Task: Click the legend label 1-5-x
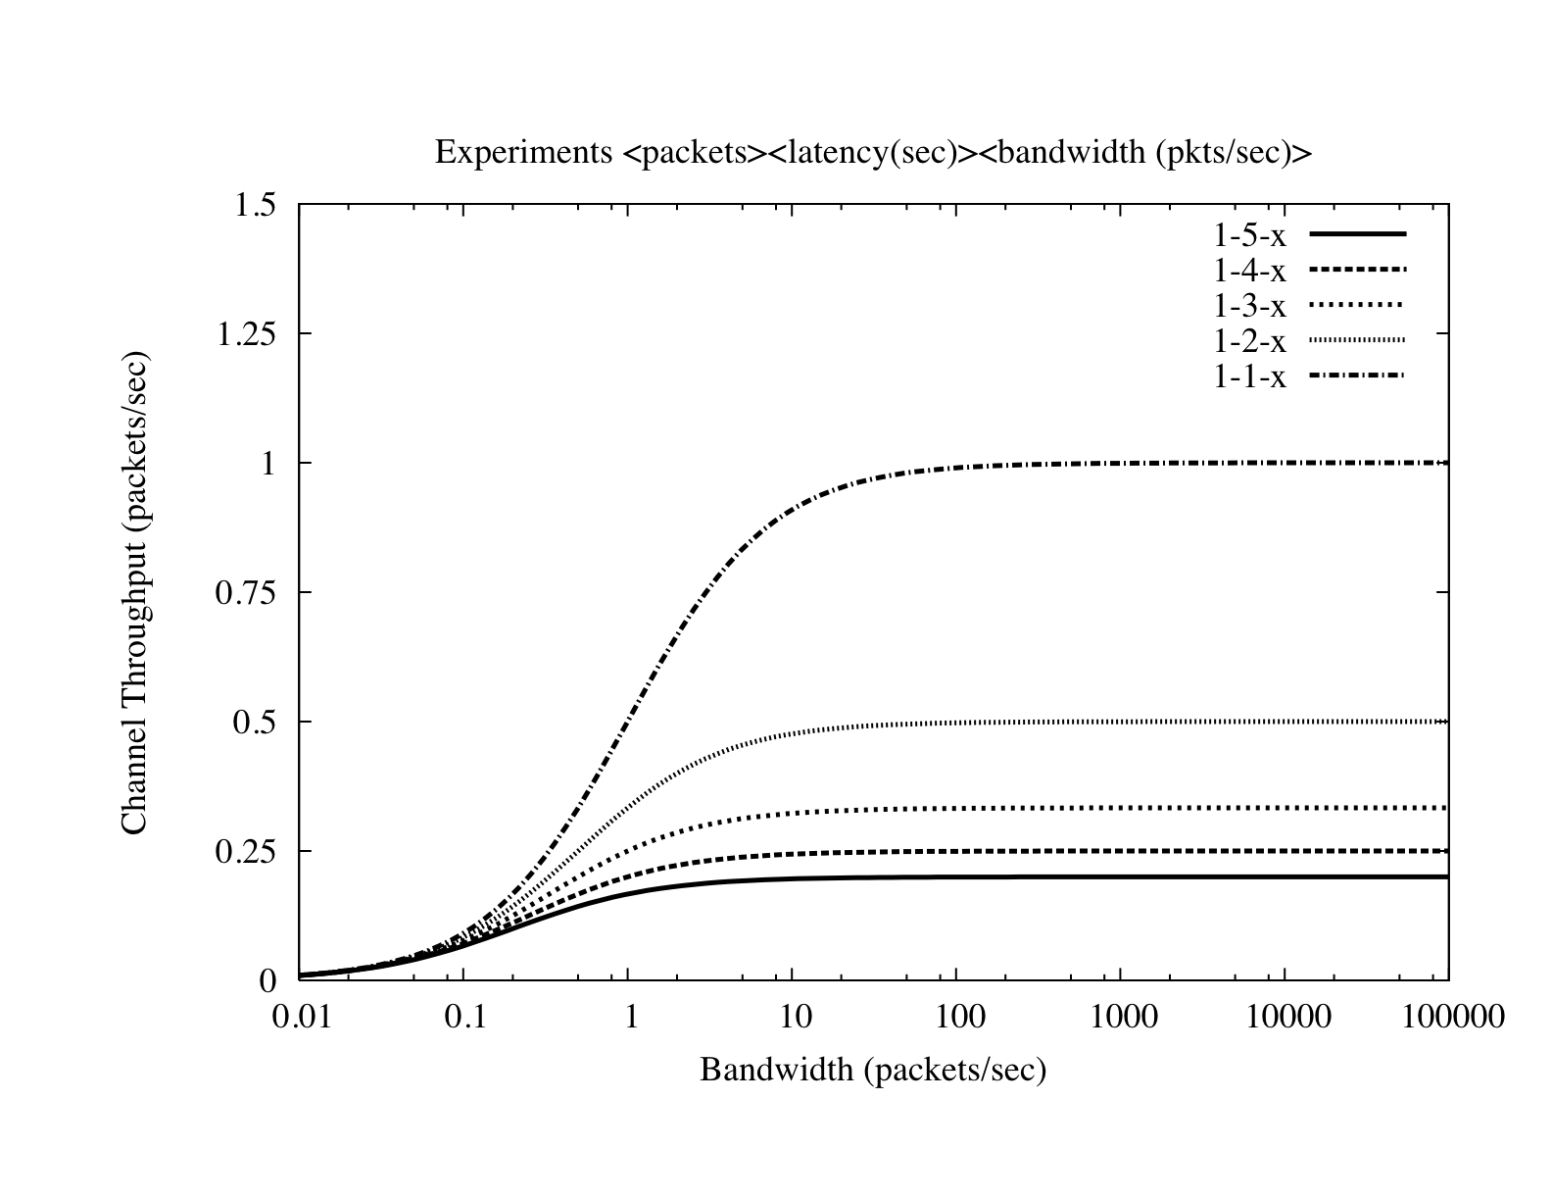[x=1249, y=236]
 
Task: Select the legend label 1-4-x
[x=1249, y=272]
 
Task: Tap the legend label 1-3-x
[x=1249, y=307]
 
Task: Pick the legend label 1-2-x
[x=1249, y=341]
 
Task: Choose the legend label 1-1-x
[x=1249, y=376]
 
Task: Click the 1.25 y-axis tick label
[x=247, y=334]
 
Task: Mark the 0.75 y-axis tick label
[x=247, y=593]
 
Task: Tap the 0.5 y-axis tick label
[x=256, y=723]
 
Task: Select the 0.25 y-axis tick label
[x=247, y=852]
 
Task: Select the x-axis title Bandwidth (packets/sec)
[x=873, y=1070]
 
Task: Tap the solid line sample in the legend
[x=1357, y=234]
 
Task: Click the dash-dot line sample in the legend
[x=1357, y=375]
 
